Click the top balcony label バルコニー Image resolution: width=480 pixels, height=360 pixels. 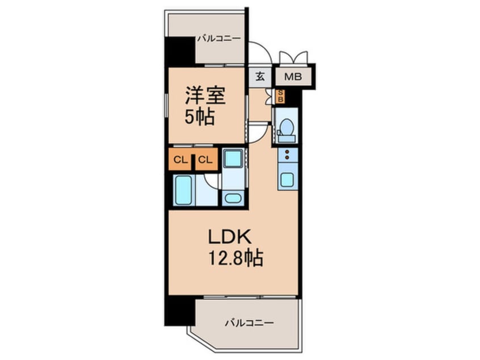tap(219, 39)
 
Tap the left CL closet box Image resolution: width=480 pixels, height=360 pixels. tap(180, 160)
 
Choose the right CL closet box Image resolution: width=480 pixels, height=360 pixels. tap(205, 160)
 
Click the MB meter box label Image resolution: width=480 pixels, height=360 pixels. tap(293, 77)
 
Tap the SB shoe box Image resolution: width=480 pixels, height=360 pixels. tap(280, 96)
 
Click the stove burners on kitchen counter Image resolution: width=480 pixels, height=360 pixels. tap(287, 156)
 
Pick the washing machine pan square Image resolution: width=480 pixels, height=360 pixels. tap(233, 159)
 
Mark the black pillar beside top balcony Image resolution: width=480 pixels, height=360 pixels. tap(180, 51)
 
